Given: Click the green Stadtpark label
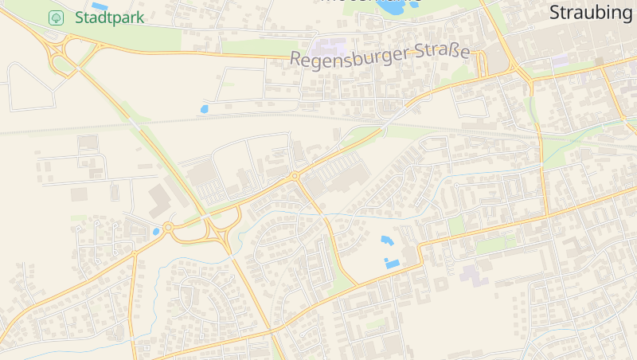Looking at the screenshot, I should tap(109, 18).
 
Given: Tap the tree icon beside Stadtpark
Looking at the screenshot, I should tap(56, 18).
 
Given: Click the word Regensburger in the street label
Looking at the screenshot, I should tap(350, 57).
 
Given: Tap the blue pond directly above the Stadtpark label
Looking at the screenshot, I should tap(100, 6).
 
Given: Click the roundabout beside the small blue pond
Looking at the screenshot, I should tap(168, 227).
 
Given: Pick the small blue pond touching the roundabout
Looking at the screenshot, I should tap(157, 231).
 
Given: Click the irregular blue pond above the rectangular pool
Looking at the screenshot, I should tap(387, 240).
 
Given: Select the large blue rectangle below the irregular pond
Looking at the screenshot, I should tap(392, 262).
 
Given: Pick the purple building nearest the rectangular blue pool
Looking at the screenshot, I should tap(471, 276).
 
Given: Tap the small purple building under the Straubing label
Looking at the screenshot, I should tap(560, 60).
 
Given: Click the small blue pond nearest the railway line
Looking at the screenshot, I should tap(205, 108).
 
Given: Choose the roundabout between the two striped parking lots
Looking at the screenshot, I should tap(295, 175).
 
